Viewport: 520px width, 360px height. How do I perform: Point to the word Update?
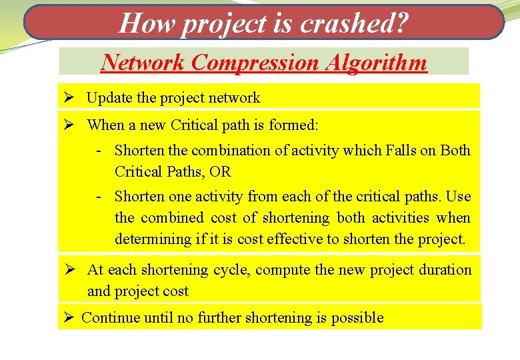pyautogui.click(x=109, y=98)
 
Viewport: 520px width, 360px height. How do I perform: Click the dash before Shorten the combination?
pyautogui.click(x=98, y=151)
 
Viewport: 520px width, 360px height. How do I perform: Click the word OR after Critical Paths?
pyautogui.click(x=220, y=172)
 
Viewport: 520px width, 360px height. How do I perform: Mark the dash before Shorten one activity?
pyautogui.click(x=98, y=197)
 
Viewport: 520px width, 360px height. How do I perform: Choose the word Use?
pyautogui.click(x=458, y=197)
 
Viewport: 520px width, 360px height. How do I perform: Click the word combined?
pyautogui.click(x=171, y=218)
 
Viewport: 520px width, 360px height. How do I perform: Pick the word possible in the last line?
pyautogui.click(x=359, y=318)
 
